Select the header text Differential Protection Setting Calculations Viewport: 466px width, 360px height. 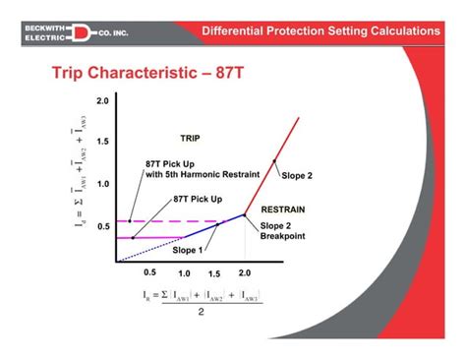tap(320, 31)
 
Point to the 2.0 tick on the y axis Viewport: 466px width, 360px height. tap(103, 101)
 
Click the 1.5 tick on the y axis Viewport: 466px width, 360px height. tap(103, 142)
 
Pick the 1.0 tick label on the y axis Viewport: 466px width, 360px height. tap(103, 184)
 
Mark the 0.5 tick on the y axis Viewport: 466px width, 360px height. tap(103, 226)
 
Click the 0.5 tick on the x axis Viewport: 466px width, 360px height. tap(150, 272)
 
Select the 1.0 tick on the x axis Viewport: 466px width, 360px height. tap(184, 273)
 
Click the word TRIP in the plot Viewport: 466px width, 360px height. tap(190, 138)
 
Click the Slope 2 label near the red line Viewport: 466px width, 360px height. tap(298, 177)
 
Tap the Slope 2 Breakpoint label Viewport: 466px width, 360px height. tap(283, 232)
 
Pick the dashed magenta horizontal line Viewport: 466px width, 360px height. tap(177, 221)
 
